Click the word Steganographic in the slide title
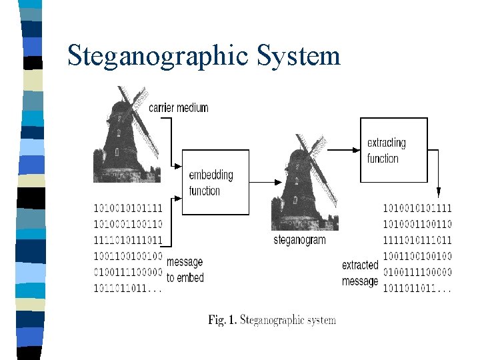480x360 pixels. (157, 56)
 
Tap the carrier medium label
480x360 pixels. (178, 107)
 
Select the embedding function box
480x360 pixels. (215, 182)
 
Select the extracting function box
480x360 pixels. (393, 150)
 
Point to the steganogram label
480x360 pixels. (299, 240)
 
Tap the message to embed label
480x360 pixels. (185, 269)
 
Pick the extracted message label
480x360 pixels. (360, 273)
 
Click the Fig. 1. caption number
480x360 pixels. (223, 320)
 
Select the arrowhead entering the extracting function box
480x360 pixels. (355, 150)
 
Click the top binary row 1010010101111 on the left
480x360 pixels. (127, 209)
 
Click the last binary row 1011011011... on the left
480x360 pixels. (127, 289)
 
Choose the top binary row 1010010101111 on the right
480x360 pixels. (417, 209)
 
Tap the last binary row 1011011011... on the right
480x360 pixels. (417, 289)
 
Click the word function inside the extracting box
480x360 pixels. (383, 159)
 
